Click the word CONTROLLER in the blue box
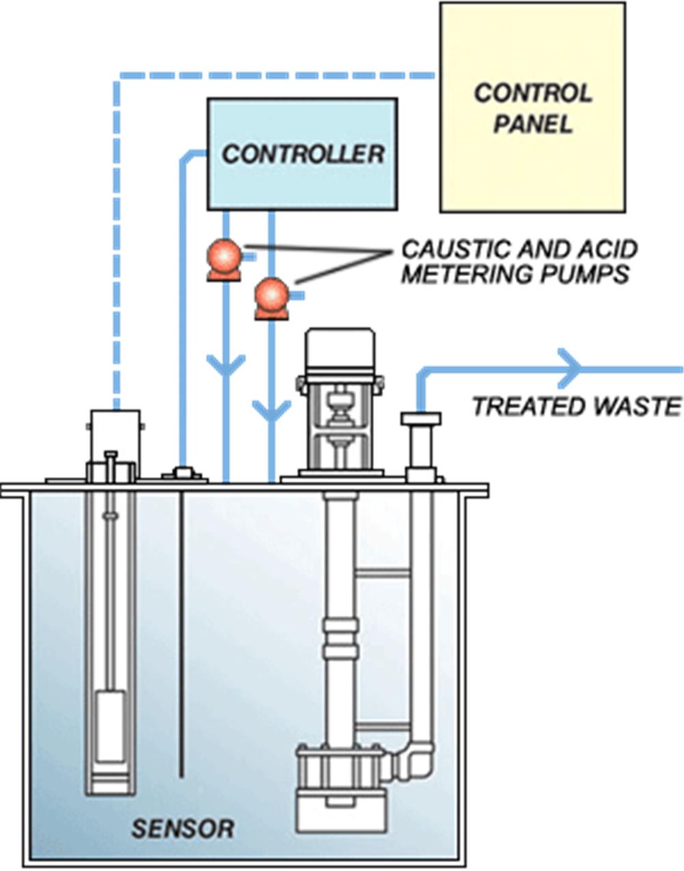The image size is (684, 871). [302, 154]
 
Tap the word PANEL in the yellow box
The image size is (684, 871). [532, 125]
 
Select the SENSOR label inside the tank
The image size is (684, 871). [182, 829]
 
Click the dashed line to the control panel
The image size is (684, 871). [274, 74]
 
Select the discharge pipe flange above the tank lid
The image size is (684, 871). [420, 419]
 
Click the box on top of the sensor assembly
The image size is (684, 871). [115, 437]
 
